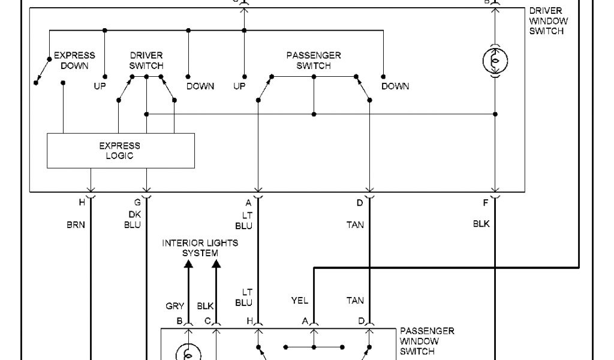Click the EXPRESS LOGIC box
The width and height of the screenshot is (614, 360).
(x=121, y=151)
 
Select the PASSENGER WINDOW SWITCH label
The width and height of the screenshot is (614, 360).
(x=426, y=341)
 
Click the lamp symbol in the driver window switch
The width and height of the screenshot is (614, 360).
(x=495, y=60)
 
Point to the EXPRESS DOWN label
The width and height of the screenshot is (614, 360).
(x=74, y=60)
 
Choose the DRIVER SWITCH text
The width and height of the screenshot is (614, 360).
(x=146, y=60)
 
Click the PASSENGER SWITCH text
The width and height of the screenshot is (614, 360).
(x=314, y=60)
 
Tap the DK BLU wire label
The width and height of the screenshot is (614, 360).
(x=133, y=220)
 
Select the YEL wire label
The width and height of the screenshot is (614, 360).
(x=299, y=301)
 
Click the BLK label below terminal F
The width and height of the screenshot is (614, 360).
(x=481, y=224)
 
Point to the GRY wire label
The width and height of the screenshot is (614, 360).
(x=174, y=306)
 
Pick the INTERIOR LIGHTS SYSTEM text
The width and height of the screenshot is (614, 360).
(x=200, y=248)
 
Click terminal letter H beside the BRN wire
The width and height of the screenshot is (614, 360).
(x=82, y=203)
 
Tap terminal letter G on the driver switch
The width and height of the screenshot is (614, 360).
(x=137, y=203)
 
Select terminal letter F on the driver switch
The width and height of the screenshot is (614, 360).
(x=486, y=203)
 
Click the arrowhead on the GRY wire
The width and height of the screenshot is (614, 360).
(x=188, y=264)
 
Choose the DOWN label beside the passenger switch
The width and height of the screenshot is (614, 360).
(x=395, y=86)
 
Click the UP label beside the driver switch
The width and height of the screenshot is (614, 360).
(x=100, y=86)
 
